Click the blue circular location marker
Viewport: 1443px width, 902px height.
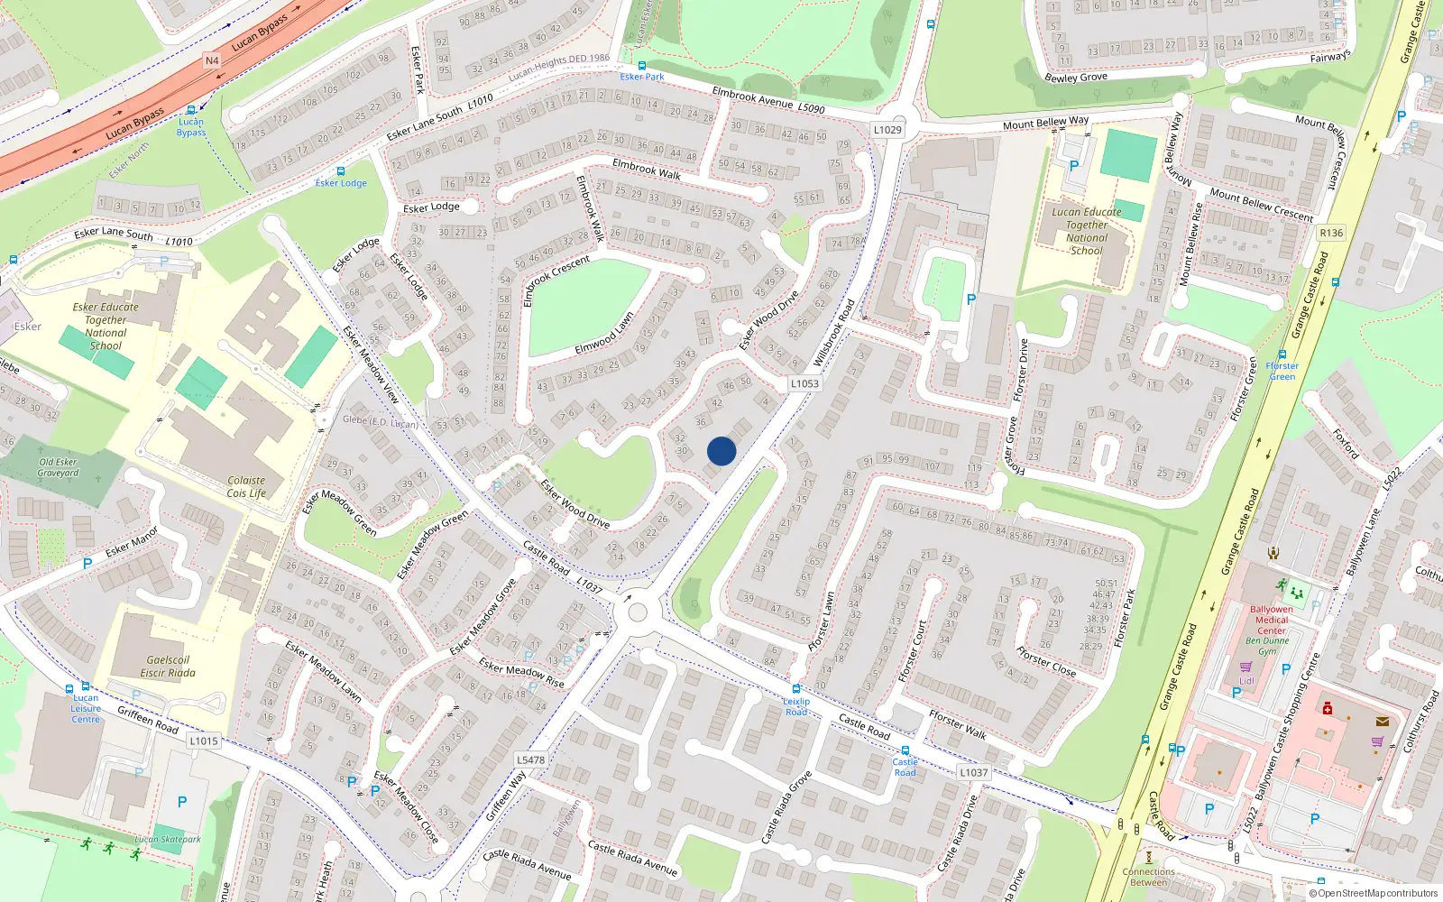(721, 451)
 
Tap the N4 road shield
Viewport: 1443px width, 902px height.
(212, 61)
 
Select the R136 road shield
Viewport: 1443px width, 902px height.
(1331, 233)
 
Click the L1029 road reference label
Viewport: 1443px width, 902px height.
(887, 130)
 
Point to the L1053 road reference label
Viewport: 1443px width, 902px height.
(804, 383)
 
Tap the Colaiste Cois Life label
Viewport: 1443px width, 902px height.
(246, 487)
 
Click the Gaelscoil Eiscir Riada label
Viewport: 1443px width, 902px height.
(168, 667)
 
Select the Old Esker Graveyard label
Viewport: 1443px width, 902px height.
(59, 467)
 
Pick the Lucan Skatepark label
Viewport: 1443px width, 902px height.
(168, 840)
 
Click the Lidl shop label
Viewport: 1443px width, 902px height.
(1246, 681)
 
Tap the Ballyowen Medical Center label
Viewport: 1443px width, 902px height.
(1272, 620)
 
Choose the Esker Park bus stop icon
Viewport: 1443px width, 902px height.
(642, 66)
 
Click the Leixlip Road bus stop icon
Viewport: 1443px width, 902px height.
(796, 689)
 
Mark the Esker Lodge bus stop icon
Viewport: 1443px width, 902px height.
(341, 171)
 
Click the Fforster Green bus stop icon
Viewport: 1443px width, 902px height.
(1282, 354)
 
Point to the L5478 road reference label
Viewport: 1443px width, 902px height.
(530, 759)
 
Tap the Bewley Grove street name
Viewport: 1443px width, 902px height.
(1075, 78)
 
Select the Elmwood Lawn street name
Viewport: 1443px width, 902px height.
(604, 335)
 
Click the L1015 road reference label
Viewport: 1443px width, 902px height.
(204, 741)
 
